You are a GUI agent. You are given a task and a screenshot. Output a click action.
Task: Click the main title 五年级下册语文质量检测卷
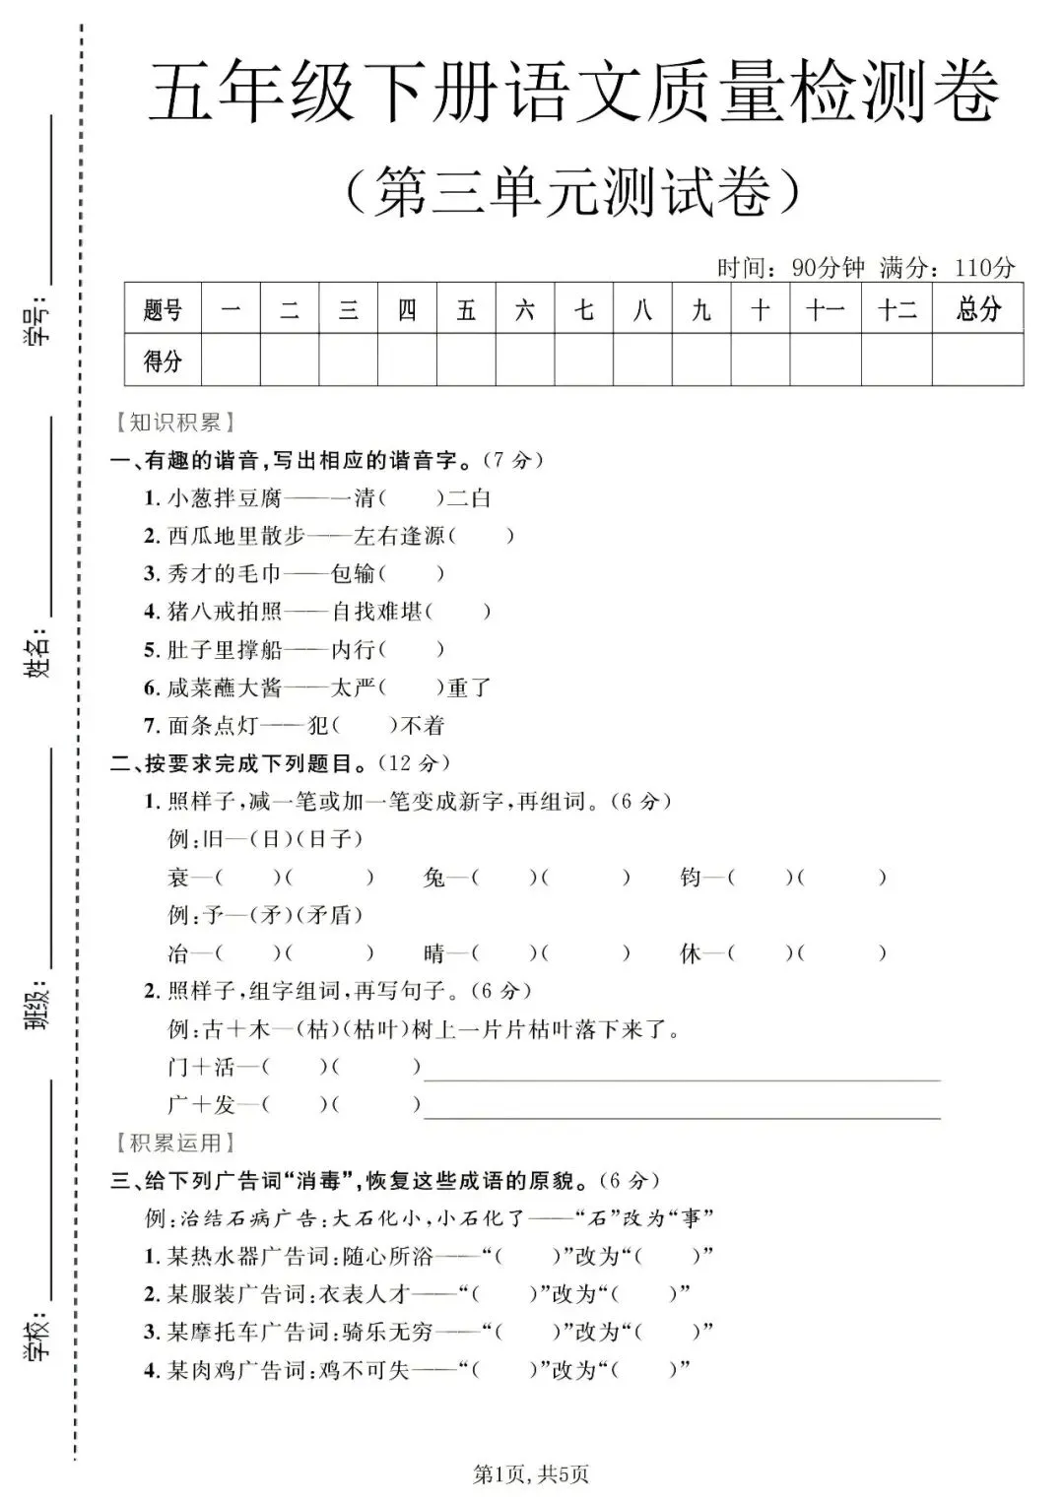click(x=574, y=93)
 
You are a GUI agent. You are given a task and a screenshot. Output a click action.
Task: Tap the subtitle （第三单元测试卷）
click(x=574, y=190)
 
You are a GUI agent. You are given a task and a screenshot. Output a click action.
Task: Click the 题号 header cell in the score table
click(x=163, y=309)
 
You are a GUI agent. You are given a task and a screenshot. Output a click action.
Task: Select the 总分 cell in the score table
click(x=977, y=309)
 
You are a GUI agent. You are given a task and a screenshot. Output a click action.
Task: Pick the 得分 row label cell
click(x=163, y=360)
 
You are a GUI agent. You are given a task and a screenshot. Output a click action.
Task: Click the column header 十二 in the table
click(x=897, y=309)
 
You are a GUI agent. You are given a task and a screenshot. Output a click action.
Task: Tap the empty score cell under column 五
click(x=466, y=360)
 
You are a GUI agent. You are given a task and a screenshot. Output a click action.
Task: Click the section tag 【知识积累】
click(x=174, y=423)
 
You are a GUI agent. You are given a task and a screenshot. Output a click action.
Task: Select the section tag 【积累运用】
click(x=174, y=1143)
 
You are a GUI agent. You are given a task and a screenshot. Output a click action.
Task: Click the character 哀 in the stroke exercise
click(x=178, y=877)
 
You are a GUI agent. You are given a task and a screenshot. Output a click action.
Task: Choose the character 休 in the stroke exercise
click(x=690, y=953)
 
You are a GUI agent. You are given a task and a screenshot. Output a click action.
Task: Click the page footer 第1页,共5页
click(x=531, y=1474)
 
